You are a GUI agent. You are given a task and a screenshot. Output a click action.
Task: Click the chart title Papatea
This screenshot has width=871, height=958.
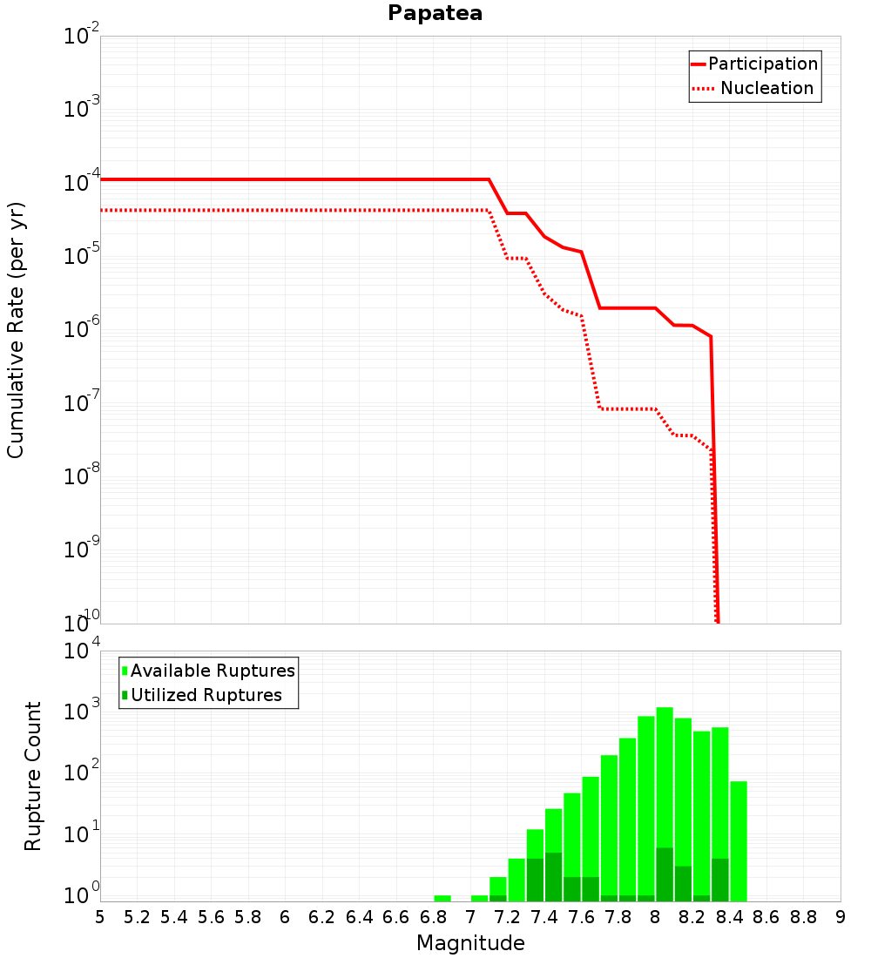435,13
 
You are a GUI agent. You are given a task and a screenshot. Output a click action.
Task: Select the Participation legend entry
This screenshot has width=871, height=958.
755,64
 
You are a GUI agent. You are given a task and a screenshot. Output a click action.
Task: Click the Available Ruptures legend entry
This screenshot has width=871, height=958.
208,671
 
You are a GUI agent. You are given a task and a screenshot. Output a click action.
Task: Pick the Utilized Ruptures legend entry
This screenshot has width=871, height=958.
202,695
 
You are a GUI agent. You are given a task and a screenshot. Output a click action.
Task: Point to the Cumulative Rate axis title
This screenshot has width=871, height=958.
16,330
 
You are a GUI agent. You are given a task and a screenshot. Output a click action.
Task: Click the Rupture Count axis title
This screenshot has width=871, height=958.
32,776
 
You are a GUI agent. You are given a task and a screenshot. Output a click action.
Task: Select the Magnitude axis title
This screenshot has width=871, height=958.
470,943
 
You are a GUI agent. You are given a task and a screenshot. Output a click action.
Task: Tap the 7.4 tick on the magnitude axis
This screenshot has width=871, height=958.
544,918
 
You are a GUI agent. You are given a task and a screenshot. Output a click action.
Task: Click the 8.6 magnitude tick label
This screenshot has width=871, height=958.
766,918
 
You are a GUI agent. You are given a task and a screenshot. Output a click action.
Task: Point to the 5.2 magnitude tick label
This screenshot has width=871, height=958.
137,918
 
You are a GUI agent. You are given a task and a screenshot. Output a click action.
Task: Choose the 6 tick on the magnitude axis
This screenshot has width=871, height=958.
285,918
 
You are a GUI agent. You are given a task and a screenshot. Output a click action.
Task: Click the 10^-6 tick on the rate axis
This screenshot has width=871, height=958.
82,328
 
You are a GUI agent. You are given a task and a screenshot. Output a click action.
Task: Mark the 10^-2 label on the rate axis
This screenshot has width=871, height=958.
82,34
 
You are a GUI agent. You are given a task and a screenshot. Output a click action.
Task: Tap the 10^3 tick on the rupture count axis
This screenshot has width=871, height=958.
82,711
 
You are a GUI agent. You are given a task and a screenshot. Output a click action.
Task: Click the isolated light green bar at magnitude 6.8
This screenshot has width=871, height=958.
442,898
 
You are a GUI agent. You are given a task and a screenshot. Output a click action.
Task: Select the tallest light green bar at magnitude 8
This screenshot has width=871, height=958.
665,804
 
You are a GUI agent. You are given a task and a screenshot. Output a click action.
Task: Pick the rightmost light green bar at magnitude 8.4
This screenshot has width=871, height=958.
739,841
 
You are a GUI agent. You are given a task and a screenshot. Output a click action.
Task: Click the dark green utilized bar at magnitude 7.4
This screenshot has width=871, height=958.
553,877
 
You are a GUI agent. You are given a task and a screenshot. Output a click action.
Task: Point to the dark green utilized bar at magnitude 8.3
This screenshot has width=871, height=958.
720,880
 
